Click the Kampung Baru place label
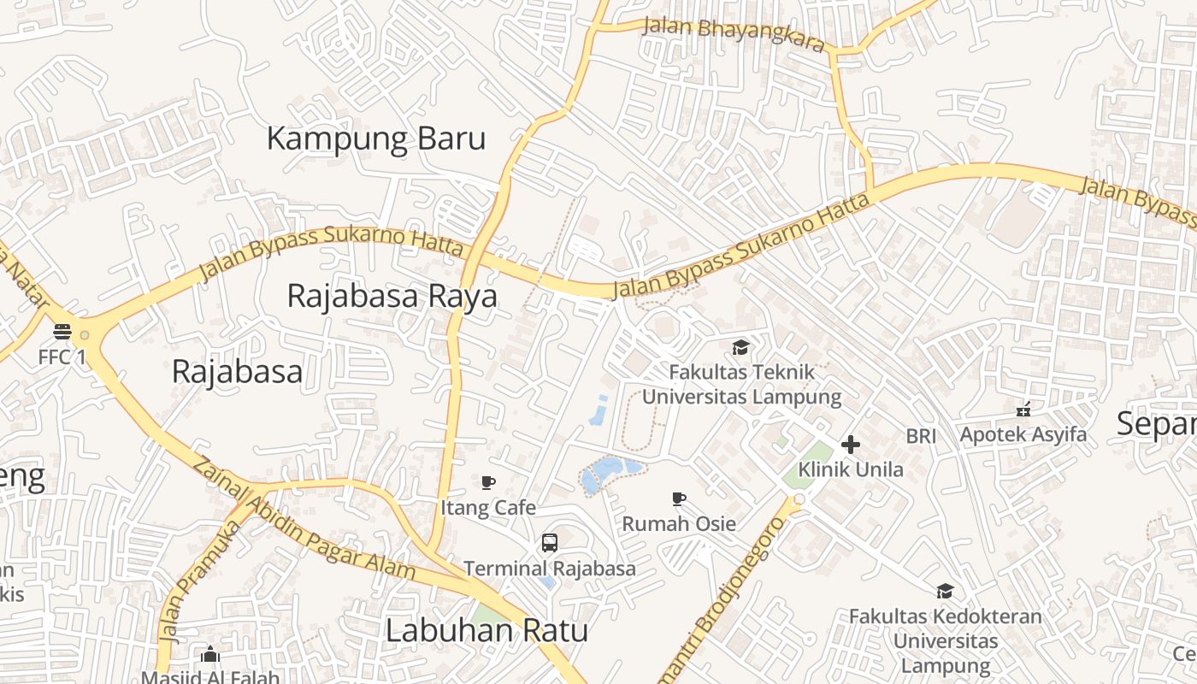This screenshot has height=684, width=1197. tap(376, 139)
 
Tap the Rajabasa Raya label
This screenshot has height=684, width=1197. tap(392, 296)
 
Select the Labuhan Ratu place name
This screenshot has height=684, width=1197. tap(486, 631)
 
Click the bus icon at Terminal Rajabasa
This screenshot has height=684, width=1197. tap(549, 542)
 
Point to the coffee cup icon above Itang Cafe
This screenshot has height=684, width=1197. tap(488, 482)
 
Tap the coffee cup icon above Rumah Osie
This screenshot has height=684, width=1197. tap(679, 498)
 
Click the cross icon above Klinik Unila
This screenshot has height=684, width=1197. tap(851, 445)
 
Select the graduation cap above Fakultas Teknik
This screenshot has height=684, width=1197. tap(740, 347)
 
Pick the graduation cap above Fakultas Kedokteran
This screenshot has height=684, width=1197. tap(945, 591)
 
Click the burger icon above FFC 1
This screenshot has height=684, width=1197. tap(62, 331)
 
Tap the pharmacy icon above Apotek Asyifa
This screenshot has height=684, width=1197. tap(1023, 410)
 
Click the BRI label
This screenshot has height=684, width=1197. tap(921, 436)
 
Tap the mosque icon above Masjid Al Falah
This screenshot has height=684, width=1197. tap(210, 656)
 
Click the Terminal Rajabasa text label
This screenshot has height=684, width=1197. tap(550, 569)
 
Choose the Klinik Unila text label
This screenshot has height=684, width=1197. tap(851, 469)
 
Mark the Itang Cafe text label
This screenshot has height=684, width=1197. tap(488, 508)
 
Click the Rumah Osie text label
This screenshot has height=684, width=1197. tap(679, 523)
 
